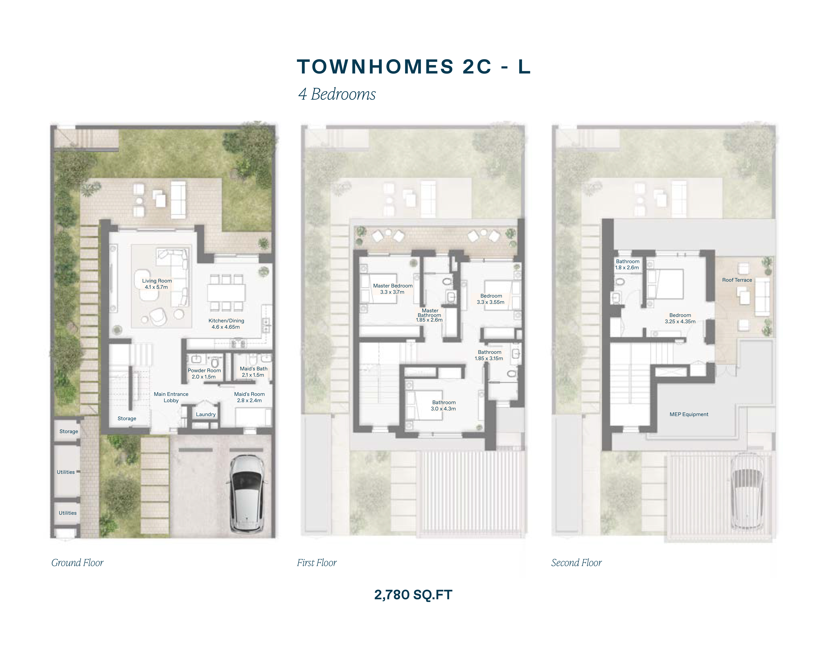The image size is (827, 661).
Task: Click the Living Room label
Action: pyautogui.click(x=157, y=281)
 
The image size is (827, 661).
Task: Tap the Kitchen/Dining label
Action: pyautogui.click(x=226, y=321)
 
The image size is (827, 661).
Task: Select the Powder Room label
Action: pyautogui.click(x=204, y=370)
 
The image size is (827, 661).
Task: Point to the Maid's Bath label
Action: pyautogui.click(x=254, y=369)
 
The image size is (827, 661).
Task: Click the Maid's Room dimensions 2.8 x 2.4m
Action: pyautogui.click(x=249, y=400)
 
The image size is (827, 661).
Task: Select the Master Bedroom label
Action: pyautogui.click(x=393, y=286)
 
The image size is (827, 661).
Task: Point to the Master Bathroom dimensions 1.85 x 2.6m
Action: pyautogui.click(x=429, y=320)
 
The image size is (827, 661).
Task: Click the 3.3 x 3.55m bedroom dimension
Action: pyautogui.click(x=491, y=302)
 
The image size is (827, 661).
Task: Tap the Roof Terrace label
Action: pyautogui.click(x=737, y=280)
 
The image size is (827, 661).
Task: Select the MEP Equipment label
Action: pyautogui.click(x=689, y=414)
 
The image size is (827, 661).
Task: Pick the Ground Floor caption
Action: pyautogui.click(x=77, y=563)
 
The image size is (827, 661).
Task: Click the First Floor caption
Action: pyautogui.click(x=317, y=563)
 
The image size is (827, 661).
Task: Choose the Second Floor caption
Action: pyautogui.click(x=577, y=563)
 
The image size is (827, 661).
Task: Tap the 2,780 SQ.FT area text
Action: pyautogui.click(x=413, y=595)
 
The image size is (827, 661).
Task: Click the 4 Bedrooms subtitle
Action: pyautogui.click(x=337, y=94)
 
